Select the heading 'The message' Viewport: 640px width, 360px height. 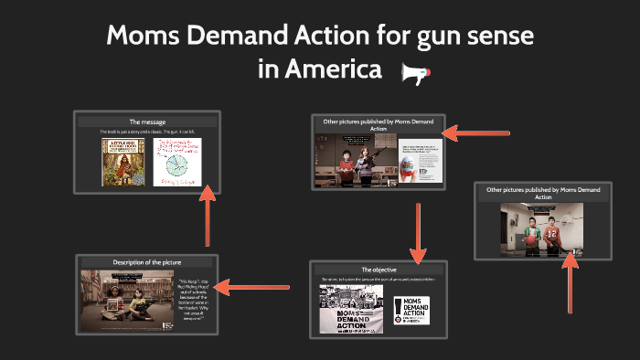146,122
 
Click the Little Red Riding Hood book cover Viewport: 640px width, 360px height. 118,162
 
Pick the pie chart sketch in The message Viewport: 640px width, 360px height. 178,162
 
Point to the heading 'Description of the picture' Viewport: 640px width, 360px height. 146,263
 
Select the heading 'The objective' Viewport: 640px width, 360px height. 379,270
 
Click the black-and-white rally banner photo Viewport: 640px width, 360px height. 351,309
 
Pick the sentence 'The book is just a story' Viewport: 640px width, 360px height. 146,132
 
